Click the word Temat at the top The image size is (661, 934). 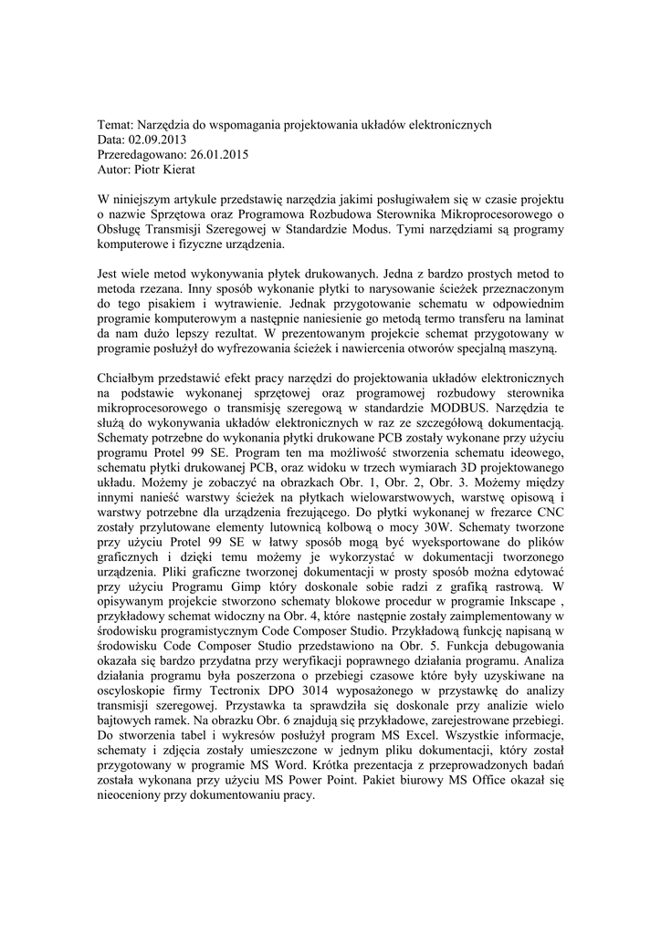tap(115, 125)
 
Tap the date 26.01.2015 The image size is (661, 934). tap(216, 154)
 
